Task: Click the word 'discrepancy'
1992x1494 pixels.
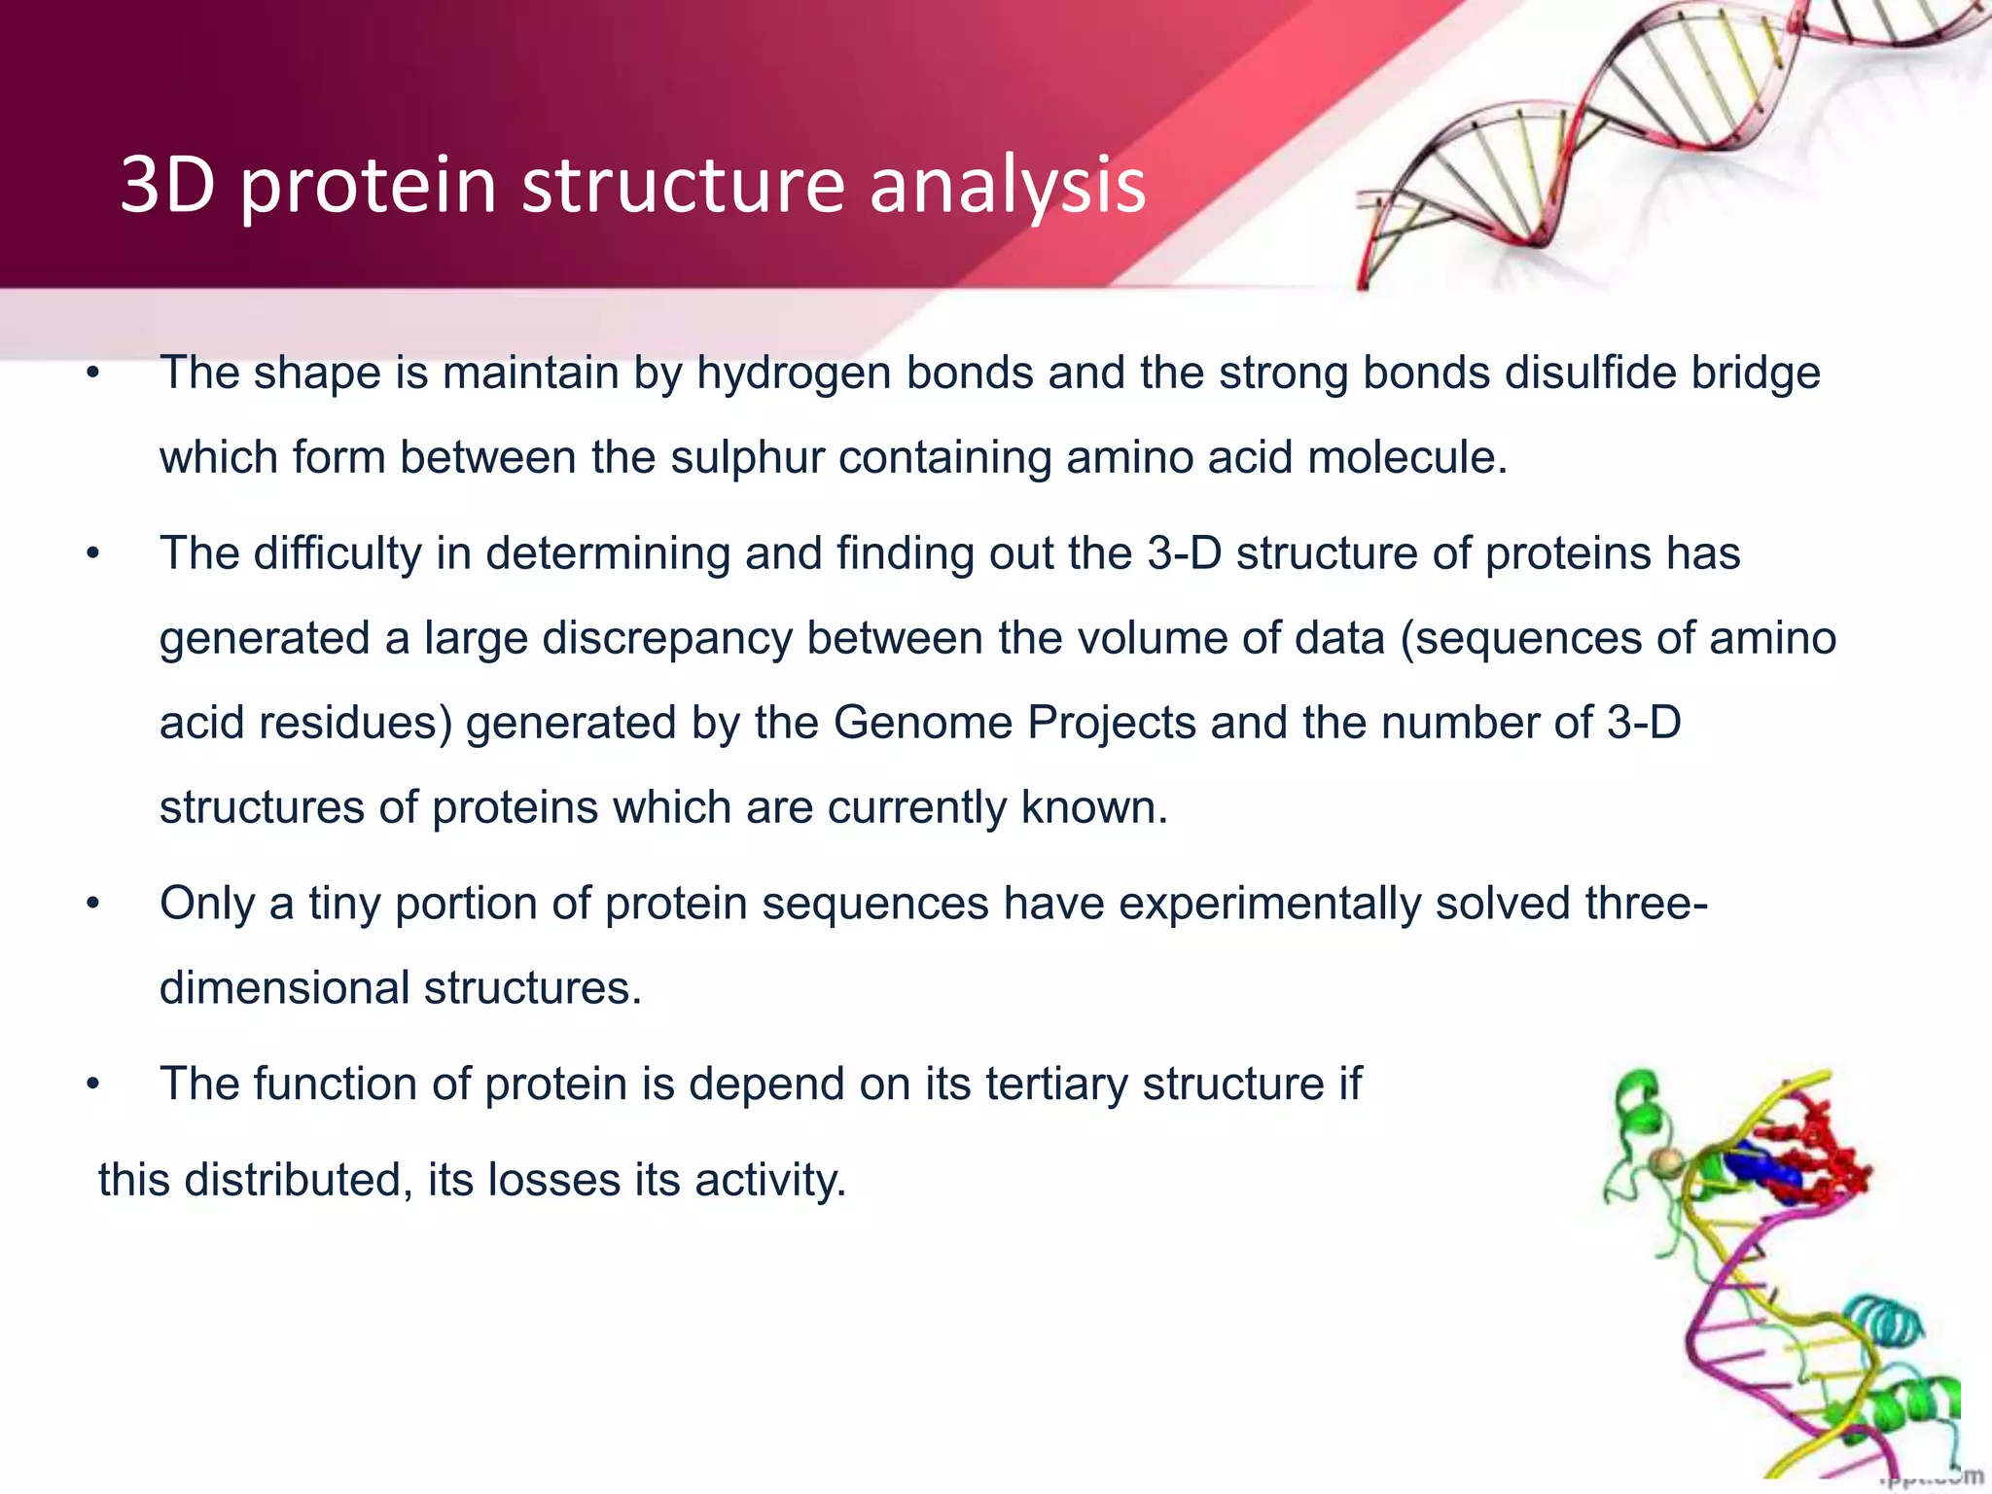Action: [666, 639]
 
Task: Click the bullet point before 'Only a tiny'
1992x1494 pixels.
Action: [93, 905]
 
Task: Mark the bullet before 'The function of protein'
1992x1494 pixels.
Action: [93, 1085]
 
